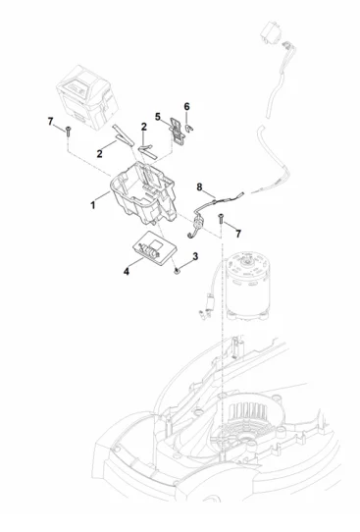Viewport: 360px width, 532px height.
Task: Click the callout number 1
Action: tap(93, 205)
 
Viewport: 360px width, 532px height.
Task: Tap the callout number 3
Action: tap(195, 256)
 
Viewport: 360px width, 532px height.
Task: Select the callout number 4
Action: tap(127, 272)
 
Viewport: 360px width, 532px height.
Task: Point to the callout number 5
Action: tap(158, 117)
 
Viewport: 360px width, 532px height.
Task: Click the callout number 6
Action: tap(186, 107)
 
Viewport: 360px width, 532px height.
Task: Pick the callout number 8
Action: tap(199, 186)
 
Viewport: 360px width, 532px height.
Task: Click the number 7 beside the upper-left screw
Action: tap(50, 121)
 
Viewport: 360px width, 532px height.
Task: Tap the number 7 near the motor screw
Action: tap(238, 234)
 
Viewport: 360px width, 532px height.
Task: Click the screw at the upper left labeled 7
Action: tap(68, 131)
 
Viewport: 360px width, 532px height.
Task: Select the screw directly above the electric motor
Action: tap(221, 218)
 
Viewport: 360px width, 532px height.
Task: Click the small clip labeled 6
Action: tap(189, 129)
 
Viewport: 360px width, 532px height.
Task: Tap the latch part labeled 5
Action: tap(178, 132)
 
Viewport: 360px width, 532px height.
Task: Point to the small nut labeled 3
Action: tap(177, 270)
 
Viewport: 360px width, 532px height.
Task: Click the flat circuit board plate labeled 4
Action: tap(155, 248)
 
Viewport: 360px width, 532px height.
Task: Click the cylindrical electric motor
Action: tap(248, 286)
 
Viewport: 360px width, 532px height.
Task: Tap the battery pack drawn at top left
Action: tap(86, 97)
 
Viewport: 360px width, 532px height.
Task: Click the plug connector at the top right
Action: tap(270, 32)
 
